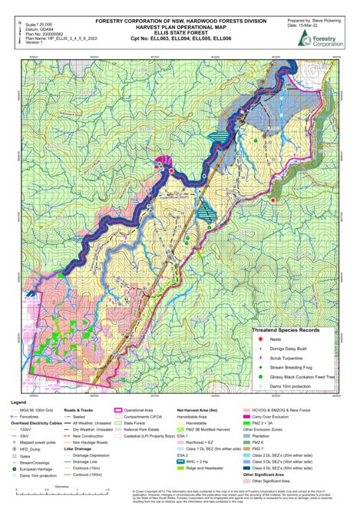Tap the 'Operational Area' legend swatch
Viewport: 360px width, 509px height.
[x=120, y=411]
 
